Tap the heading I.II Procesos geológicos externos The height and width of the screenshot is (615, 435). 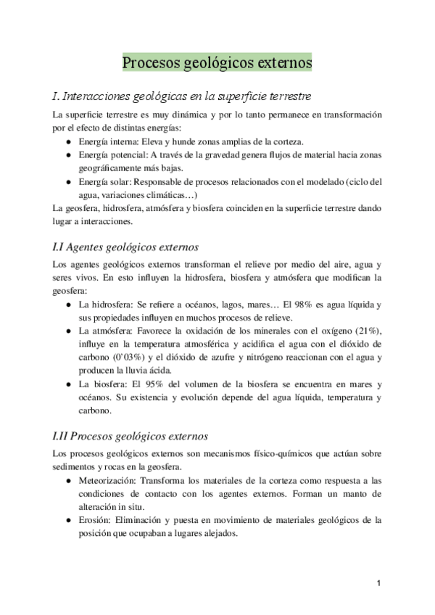point(130,437)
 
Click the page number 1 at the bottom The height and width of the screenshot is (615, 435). point(380,583)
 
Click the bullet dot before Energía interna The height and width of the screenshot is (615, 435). point(68,142)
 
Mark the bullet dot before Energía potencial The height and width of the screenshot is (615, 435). point(68,155)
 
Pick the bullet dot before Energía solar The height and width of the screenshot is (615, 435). point(68,181)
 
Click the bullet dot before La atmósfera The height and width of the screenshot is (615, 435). point(68,331)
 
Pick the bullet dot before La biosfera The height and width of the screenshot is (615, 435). point(68,384)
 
